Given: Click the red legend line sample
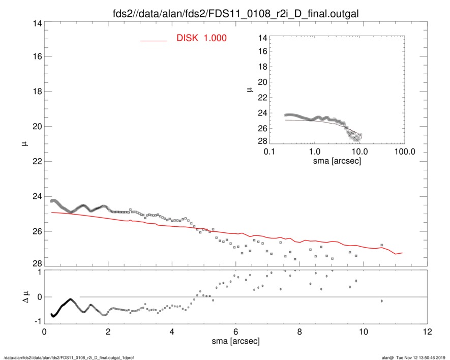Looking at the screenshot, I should [154, 40].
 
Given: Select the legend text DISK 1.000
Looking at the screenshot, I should [201, 39].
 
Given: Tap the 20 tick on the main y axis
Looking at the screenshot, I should [36, 127].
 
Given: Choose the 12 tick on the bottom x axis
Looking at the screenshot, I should [427, 332].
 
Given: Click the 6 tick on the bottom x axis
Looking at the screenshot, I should [235, 332].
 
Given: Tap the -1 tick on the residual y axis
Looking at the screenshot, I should [36, 321].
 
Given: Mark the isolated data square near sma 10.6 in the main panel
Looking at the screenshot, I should [381, 245].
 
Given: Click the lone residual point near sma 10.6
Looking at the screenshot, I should [381, 301].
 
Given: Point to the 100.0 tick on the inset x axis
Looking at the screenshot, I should [404, 152].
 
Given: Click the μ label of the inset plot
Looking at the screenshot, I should [249, 89].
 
